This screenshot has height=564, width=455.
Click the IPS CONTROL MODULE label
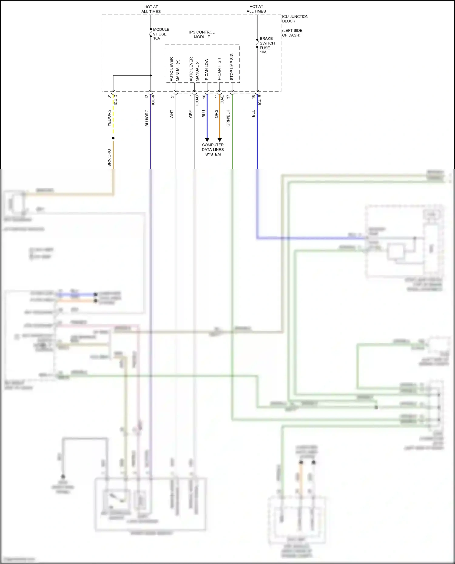coord(202,35)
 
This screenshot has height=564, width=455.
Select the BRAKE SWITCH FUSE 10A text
coord(267,45)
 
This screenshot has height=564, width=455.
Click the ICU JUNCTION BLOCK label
coord(295,19)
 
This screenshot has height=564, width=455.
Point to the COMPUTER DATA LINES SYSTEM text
coord(213,149)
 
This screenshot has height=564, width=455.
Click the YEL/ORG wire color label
coord(109,118)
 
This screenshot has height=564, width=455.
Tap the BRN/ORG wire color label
coord(109,158)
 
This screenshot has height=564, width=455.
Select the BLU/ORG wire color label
coord(147,118)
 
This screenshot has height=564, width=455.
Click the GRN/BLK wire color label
coord(228,118)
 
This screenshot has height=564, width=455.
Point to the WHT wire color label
coord(172,114)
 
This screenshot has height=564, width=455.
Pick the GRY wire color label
coord(190,114)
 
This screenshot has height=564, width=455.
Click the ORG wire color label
coord(216,114)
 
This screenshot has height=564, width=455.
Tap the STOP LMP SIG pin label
coord(232,67)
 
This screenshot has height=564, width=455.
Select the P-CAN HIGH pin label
coord(219,69)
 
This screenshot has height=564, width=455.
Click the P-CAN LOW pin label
coord(207,69)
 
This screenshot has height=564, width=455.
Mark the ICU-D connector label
coord(116,99)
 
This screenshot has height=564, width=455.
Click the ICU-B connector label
coord(260,99)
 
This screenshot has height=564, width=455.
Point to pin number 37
coord(228,96)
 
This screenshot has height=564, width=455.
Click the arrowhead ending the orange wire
coord(220,140)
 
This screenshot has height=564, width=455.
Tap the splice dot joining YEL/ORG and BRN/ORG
coord(113,138)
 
